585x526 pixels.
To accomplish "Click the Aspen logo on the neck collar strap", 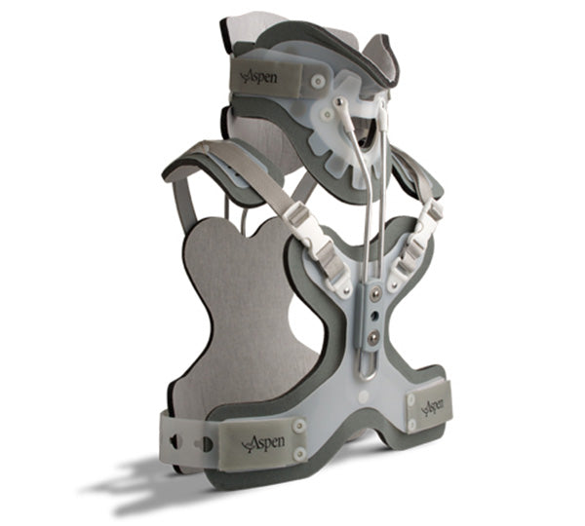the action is click(259, 78).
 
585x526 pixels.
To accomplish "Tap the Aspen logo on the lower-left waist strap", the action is click(263, 443).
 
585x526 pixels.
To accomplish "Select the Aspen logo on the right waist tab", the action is click(433, 406).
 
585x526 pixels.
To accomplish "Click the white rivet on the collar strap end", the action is click(318, 81).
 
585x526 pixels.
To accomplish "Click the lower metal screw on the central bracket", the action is click(372, 338).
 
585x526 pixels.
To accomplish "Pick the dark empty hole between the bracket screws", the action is click(373, 317).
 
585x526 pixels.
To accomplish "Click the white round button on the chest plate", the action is click(363, 396).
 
